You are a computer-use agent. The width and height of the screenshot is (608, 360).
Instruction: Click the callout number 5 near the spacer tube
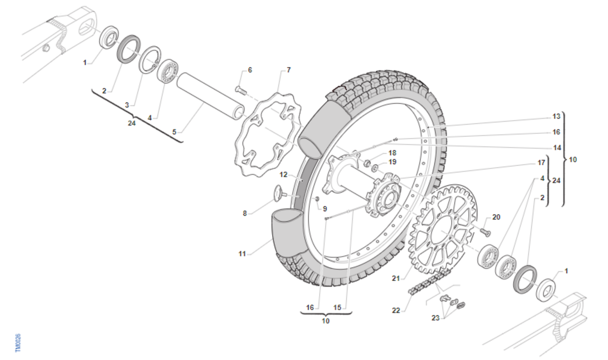174,132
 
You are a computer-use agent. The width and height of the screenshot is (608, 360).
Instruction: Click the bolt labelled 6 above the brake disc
241,90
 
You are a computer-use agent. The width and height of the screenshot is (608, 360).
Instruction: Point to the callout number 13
556,116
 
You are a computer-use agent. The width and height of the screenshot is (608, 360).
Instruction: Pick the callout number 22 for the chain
396,310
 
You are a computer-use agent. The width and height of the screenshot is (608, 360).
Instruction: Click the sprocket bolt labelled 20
486,232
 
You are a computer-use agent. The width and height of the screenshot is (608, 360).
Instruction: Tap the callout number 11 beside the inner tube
242,254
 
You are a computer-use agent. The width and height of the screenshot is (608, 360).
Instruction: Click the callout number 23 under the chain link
435,317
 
